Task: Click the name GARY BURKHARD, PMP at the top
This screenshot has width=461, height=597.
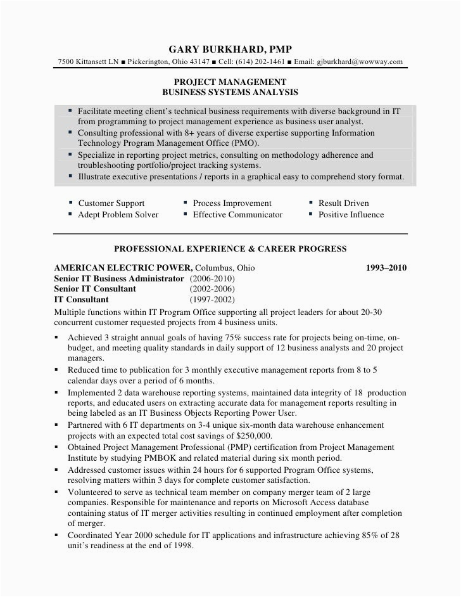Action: click(x=230, y=49)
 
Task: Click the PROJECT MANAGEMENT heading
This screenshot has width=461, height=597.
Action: click(x=230, y=82)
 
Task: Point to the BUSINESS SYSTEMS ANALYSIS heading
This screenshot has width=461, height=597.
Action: click(x=230, y=92)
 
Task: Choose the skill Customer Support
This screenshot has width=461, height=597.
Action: click(x=111, y=203)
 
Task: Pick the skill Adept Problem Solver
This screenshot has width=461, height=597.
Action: click(x=118, y=215)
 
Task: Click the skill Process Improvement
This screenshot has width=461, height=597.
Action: click(x=232, y=203)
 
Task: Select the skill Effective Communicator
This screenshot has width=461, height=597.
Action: click(x=237, y=215)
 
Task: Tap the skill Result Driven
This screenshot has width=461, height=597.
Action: click(x=343, y=203)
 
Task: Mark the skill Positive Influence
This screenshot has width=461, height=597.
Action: click(x=351, y=215)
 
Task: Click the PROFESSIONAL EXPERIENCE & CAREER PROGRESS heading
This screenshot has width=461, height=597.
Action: click(x=230, y=248)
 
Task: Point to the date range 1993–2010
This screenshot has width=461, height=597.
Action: click(x=386, y=268)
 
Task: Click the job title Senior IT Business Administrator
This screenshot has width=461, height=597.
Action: click(x=120, y=279)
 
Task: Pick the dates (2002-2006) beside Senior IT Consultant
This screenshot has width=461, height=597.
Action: click(x=212, y=289)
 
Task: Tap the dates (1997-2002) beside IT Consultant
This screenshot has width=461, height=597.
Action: click(x=212, y=300)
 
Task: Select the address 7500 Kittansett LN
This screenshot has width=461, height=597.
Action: click(x=87, y=61)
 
